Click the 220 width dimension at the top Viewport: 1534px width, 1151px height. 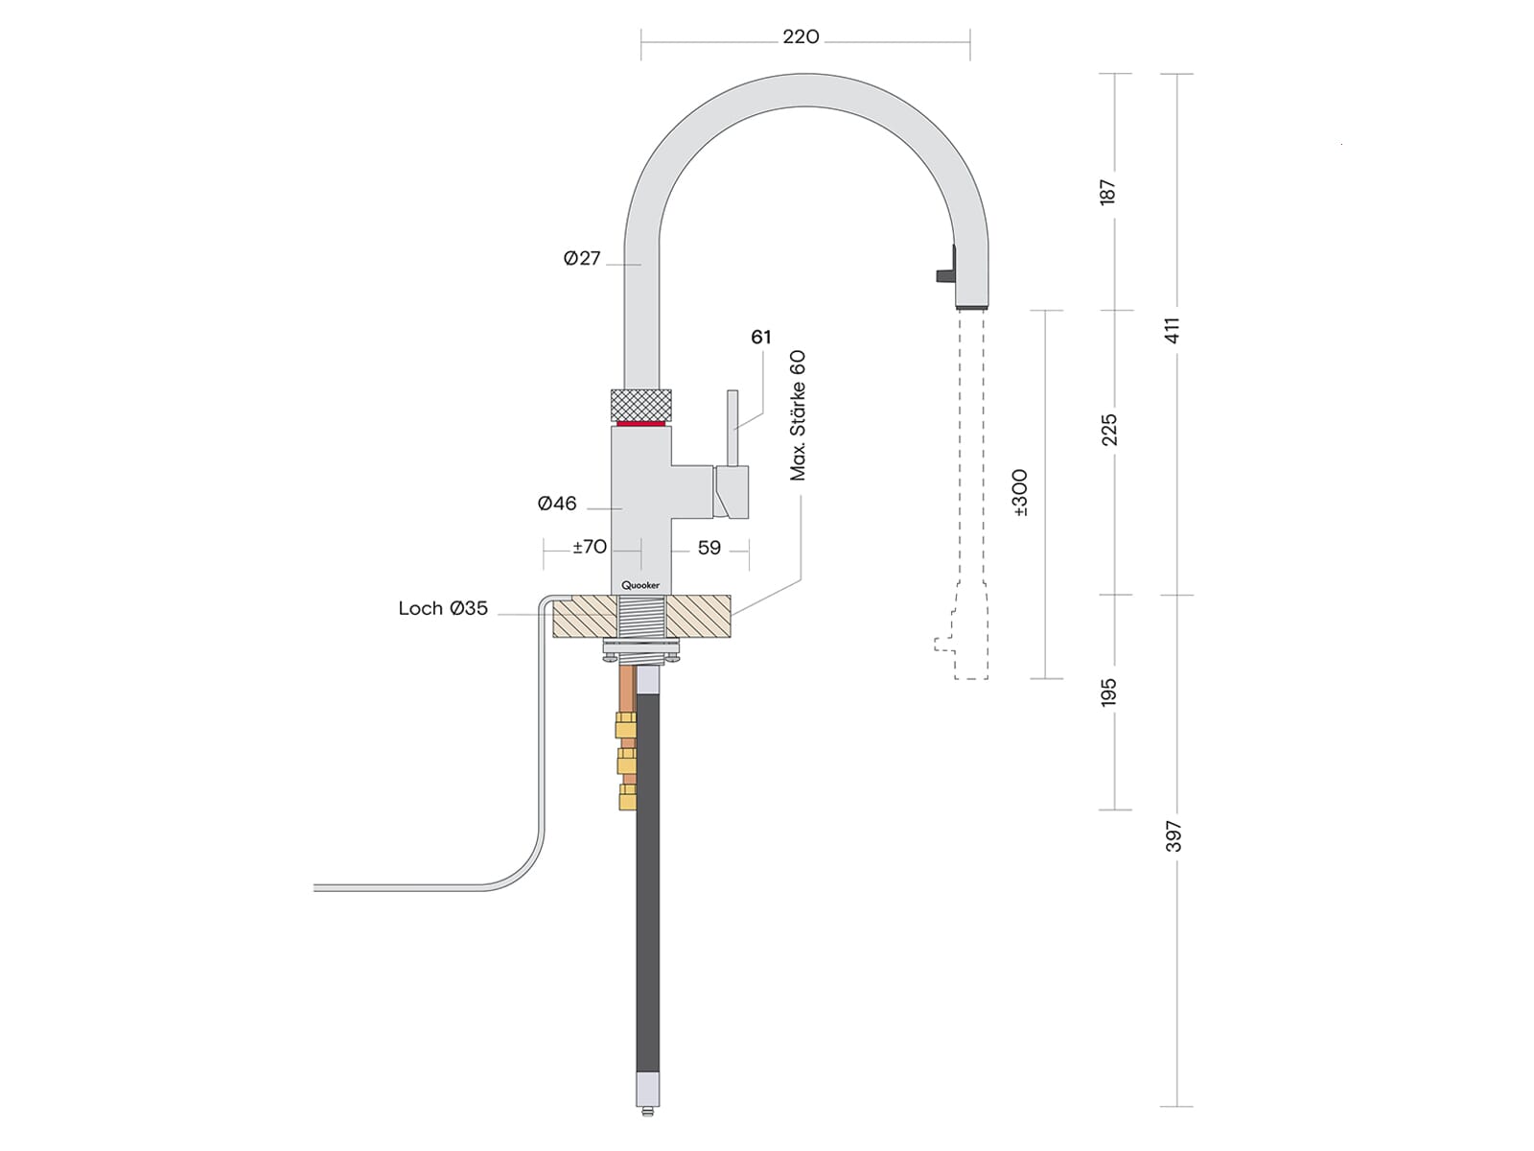click(x=801, y=36)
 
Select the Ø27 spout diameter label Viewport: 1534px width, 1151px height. click(x=582, y=258)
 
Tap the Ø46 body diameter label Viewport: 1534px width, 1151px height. click(x=557, y=504)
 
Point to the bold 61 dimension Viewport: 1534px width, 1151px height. click(x=761, y=337)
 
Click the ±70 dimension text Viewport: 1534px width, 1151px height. click(x=590, y=547)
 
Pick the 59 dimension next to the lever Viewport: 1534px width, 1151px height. click(x=709, y=548)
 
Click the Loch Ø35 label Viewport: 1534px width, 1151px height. click(x=443, y=608)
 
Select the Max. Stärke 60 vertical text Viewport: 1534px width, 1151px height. click(x=798, y=415)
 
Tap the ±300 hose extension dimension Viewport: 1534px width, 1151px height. click(x=1020, y=493)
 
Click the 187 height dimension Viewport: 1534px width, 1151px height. click(x=1108, y=192)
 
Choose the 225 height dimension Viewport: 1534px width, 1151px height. click(x=1109, y=430)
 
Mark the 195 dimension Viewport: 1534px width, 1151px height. click(x=1109, y=693)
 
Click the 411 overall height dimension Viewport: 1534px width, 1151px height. click(x=1173, y=331)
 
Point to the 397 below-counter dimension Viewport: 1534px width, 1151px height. click(x=1174, y=836)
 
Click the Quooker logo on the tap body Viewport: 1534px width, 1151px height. click(x=640, y=585)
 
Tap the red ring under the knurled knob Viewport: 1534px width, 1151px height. click(x=640, y=422)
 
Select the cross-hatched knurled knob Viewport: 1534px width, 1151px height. click(x=640, y=403)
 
